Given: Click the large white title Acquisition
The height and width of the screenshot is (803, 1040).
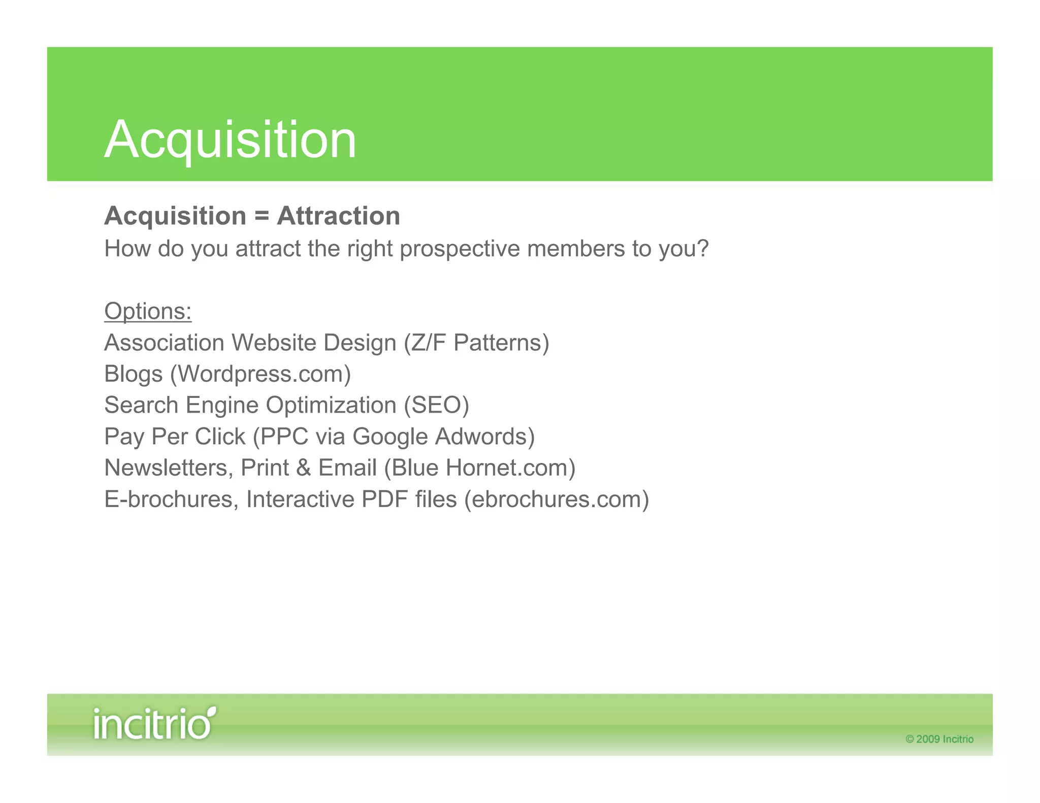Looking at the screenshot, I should (230, 140).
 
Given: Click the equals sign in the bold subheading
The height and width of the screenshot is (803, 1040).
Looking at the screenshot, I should (262, 216).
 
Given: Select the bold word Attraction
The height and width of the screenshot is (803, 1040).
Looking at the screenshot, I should (338, 216).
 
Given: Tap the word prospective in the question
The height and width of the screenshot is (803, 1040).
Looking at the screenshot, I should (460, 249).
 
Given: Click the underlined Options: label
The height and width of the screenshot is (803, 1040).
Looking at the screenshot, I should (148, 311).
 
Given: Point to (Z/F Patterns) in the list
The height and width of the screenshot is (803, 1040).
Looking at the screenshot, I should (476, 343).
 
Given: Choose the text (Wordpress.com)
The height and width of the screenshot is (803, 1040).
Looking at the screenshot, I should (261, 375).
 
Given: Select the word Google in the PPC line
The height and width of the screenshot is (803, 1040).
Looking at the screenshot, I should (390, 437).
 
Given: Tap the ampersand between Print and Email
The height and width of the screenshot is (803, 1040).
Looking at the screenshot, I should (304, 468).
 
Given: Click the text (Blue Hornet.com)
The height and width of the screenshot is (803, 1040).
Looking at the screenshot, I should (480, 468).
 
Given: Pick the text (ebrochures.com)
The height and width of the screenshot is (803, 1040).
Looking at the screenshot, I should (557, 499).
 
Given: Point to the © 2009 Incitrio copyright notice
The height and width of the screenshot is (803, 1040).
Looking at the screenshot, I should (939, 739).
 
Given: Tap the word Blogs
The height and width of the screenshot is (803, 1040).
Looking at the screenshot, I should (134, 375).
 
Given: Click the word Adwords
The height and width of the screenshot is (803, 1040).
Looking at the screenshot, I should (485, 437).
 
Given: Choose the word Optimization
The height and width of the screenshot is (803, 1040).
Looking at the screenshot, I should (331, 406).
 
